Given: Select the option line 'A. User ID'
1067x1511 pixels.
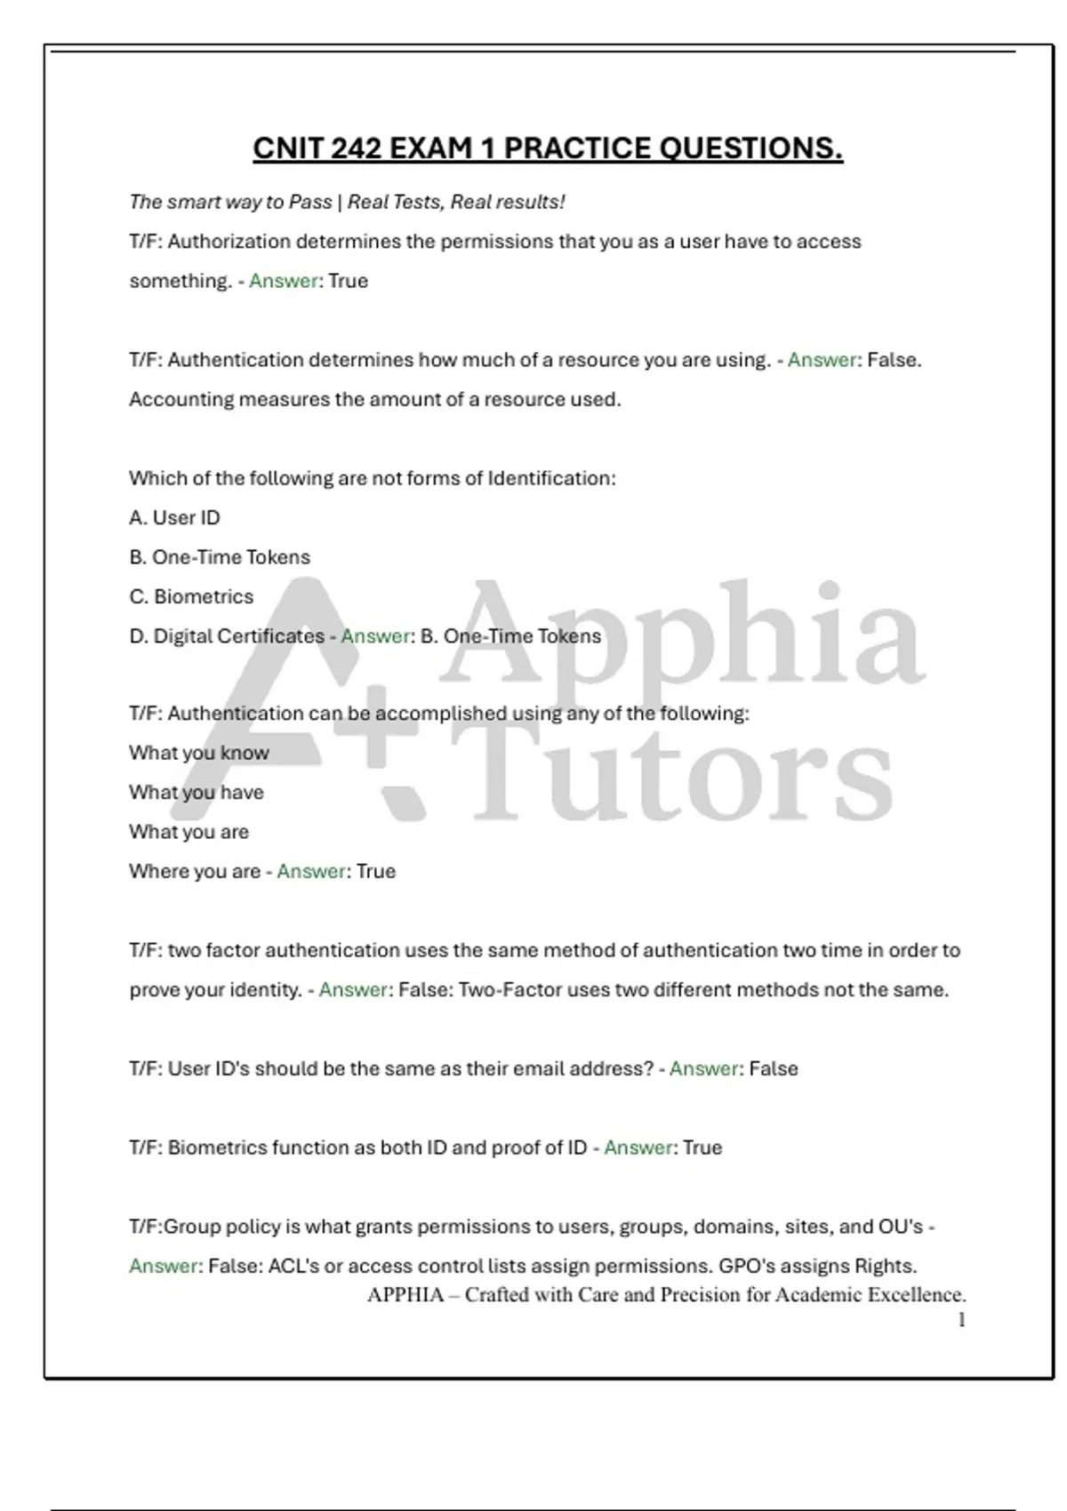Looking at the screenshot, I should pos(174,517).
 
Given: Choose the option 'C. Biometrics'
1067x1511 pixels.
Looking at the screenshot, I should pos(191,596).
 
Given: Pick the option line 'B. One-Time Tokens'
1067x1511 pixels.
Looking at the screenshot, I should pos(220,557).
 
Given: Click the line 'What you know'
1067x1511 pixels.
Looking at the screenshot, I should pos(199,753).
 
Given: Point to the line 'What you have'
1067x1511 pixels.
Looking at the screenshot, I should pos(197,792).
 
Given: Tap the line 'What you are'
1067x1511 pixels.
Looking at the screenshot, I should pos(189,832).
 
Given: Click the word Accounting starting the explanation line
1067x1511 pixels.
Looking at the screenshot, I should pos(181,399).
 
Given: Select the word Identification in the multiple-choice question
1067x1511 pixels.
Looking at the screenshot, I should pos(550,478).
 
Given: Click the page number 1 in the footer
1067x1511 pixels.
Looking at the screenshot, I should pos(961,1320).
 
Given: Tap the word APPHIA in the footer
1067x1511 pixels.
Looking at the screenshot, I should pos(405,1294).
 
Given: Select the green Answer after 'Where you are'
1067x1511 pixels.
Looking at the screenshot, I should pos(311,871).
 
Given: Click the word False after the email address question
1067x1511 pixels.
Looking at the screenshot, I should pos(774,1068).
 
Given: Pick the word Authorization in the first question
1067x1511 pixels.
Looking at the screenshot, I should pos(229,242).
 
